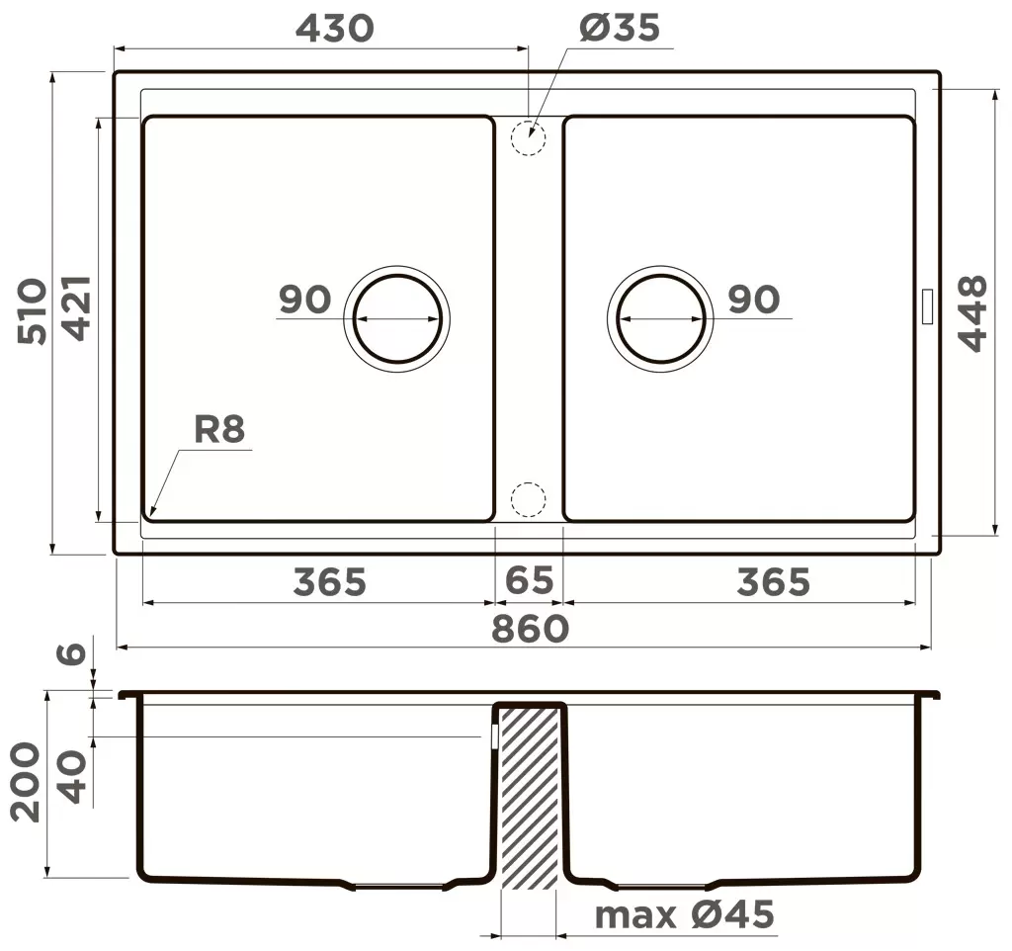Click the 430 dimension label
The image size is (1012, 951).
[334, 29]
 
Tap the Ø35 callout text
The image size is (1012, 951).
[619, 28]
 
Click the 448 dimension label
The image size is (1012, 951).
[972, 313]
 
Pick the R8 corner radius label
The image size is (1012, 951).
[219, 429]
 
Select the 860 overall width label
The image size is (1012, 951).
[530, 629]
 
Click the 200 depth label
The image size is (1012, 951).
[27, 782]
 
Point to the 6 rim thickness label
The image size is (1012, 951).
[71, 653]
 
